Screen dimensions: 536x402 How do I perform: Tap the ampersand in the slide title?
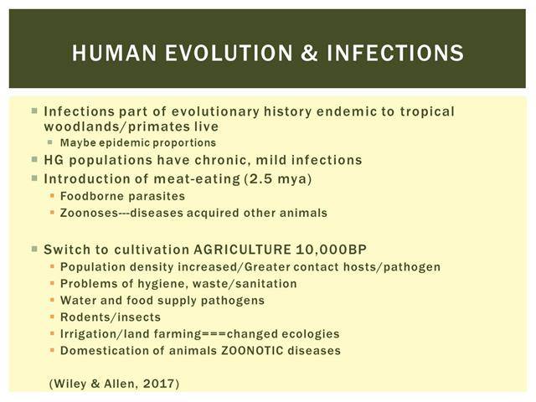310,53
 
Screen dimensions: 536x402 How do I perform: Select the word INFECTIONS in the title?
395,53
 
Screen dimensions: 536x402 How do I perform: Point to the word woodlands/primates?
117,126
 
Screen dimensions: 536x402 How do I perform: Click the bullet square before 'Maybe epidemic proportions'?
50,142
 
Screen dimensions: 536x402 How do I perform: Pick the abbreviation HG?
54,160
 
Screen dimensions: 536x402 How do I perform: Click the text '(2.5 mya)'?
278,178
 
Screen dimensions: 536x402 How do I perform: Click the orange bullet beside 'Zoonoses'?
52,213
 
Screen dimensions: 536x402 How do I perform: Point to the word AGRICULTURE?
242,250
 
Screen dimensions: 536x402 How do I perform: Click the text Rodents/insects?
111,317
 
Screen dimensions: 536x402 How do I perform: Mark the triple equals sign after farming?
214,334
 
